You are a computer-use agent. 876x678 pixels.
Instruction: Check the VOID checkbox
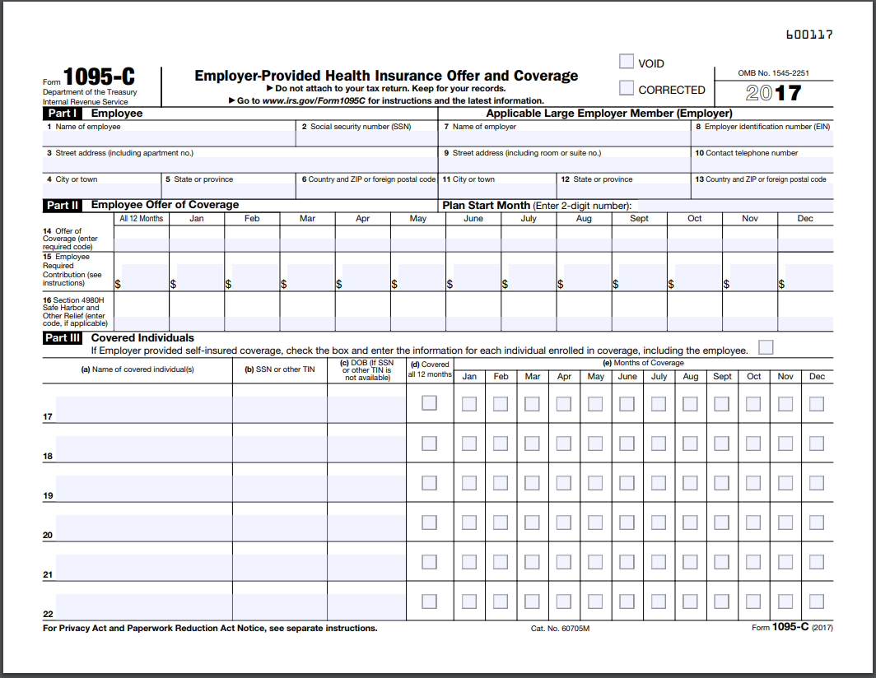tap(627, 62)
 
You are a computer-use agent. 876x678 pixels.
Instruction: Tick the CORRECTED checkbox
tap(627, 88)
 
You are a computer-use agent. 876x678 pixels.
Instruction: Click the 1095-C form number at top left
tap(99, 77)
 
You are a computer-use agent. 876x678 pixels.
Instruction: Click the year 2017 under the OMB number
tap(773, 92)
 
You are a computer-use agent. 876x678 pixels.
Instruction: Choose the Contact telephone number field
tap(762, 165)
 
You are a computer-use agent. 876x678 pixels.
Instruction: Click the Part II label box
tap(63, 205)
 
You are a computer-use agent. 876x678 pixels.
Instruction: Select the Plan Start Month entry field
tap(733, 205)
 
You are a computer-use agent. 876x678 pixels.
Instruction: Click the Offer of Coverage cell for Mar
tap(307, 239)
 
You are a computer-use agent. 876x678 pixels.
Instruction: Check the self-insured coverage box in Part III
tap(766, 347)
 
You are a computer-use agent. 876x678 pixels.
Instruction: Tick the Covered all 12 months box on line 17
tap(429, 403)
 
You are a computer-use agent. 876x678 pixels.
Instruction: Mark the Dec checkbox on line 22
tap(816, 601)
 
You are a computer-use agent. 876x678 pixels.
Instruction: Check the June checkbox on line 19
tap(627, 482)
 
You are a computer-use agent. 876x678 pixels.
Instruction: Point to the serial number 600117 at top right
tap(809, 35)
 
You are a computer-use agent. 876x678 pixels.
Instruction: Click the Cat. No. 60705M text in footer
tap(560, 629)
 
